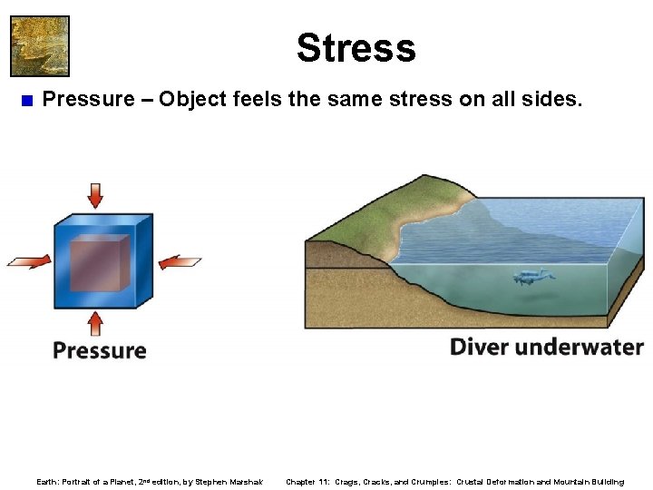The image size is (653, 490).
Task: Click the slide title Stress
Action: pos(356,48)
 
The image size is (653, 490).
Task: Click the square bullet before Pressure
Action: pos(25,100)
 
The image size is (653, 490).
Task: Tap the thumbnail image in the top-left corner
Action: pos(39,45)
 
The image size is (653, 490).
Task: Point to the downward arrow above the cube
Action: pos(95,195)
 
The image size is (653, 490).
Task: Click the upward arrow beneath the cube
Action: pos(95,323)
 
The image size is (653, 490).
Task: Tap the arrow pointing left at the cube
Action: pos(180,262)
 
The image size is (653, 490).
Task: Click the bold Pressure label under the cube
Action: pos(100,350)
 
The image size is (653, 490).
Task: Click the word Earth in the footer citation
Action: pos(46,482)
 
